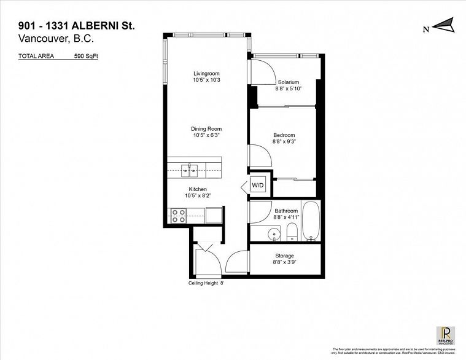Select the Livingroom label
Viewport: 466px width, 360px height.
click(206, 73)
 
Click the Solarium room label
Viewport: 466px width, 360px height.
click(288, 82)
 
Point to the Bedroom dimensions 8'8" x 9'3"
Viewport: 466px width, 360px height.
click(284, 142)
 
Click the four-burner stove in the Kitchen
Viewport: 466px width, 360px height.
click(178, 216)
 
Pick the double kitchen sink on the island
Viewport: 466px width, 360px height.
click(189, 168)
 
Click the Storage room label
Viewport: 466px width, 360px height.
click(284, 256)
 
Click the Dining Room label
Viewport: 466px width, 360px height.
click(206, 128)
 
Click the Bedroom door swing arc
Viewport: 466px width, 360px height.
click(260, 155)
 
